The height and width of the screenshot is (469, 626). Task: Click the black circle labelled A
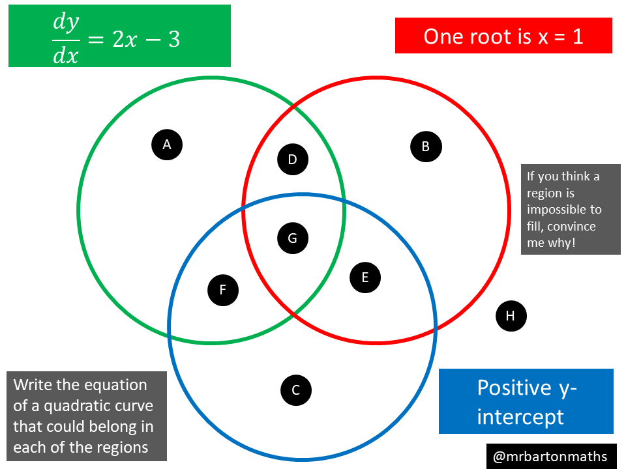pos(167,145)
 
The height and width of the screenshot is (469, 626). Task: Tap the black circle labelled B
pos(426,147)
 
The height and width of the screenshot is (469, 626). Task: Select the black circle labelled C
pos(296,390)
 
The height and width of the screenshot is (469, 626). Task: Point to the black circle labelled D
pos(293,159)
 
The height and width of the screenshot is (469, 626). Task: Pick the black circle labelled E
pos(365,277)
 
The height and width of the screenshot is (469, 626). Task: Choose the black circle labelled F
pos(223,290)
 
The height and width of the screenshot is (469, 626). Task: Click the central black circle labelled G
pos(293,238)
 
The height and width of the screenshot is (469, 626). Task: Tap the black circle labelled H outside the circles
pos(511,316)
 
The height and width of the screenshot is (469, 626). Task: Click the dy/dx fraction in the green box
pos(65,38)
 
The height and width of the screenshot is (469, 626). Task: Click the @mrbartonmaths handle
pos(550,456)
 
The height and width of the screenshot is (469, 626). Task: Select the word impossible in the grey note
pos(564,210)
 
